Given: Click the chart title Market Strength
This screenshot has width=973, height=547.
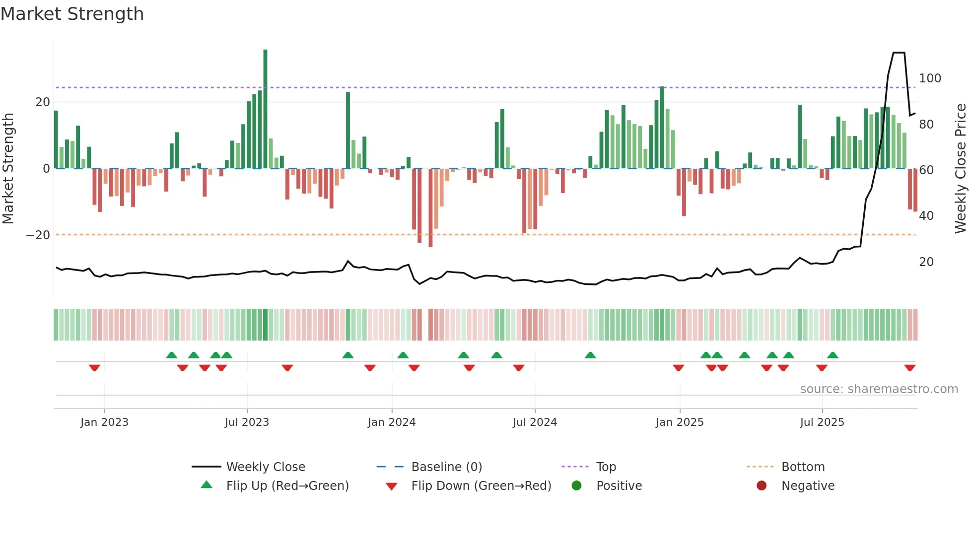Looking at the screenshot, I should pyautogui.click(x=72, y=14).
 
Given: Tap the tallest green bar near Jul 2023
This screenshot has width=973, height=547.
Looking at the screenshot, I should pyautogui.click(x=265, y=109).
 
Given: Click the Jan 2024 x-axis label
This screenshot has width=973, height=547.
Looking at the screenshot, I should pyautogui.click(x=392, y=422).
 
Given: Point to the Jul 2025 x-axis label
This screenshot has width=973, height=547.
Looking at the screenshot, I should pyautogui.click(x=822, y=422).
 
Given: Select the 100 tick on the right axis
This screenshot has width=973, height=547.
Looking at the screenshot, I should pyautogui.click(x=930, y=78).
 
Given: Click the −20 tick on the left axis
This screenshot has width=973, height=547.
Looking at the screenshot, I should pyautogui.click(x=38, y=235).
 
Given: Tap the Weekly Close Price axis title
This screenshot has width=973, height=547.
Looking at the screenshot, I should pyautogui.click(x=961, y=169).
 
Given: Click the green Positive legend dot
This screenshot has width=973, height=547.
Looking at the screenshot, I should pyautogui.click(x=576, y=485).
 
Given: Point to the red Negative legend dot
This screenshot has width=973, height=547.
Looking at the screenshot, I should pyautogui.click(x=762, y=485).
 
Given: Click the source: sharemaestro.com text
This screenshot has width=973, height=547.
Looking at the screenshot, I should pyautogui.click(x=879, y=389).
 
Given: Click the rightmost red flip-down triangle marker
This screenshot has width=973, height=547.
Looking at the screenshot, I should pyautogui.click(x=910, y=368).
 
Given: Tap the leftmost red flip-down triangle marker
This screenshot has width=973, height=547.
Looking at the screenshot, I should pyautogui.click(x=94, y=368).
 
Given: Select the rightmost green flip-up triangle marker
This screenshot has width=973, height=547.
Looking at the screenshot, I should pyautogui.click(x=833, y=355).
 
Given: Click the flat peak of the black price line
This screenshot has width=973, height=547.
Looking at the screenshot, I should pyautogui.click(x=899, y=53).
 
